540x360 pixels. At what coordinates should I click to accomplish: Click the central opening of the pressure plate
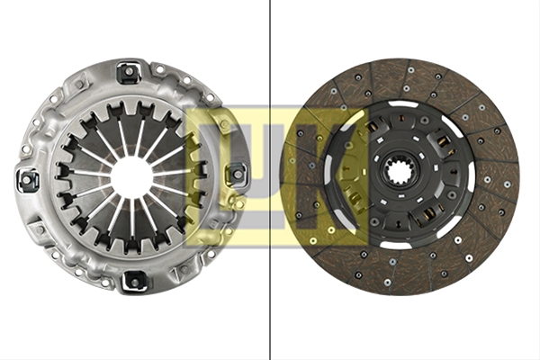click(131, 175)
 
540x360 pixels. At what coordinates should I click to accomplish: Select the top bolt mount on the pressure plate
click(129, 73)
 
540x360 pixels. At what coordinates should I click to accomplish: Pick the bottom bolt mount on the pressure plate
click(135, 280)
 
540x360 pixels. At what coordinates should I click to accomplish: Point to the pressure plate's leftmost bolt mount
click(27, 179)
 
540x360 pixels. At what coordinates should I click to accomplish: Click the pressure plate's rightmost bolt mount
click(238, 174)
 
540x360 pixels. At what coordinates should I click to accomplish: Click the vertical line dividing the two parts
click(270, 180)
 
